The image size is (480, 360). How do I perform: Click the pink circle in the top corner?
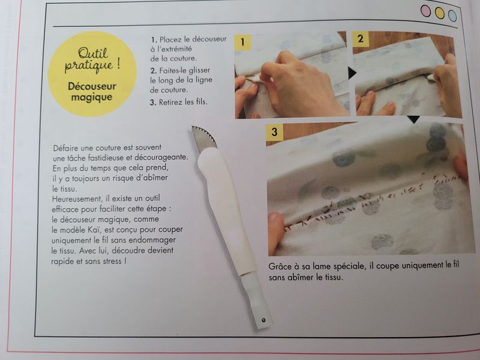click(x=426, y=11)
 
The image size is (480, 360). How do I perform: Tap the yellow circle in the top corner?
click(x=439, y=13)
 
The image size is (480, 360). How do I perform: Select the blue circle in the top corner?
click(x=452, y=16)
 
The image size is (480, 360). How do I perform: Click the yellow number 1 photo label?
click(x=243, y=42)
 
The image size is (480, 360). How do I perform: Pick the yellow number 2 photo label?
click(x=361, y=39)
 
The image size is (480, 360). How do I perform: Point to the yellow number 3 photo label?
click(x=274, y=131)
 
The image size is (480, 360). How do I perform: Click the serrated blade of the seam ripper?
click(x=204, y=139)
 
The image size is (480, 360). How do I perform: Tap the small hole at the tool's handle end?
click(x=263, y=320)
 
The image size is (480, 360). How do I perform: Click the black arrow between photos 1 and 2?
click(x=352, y=73)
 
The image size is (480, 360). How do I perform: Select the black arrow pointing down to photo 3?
click(x=413, y=119)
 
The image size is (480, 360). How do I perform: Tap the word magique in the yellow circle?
click(x=92, y=98)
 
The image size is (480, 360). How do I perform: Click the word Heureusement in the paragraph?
click(x=77, y=199)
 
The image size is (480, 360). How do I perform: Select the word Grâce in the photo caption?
click(x=280, y=266)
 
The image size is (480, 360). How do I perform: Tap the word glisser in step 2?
click(x=199, y=70)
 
